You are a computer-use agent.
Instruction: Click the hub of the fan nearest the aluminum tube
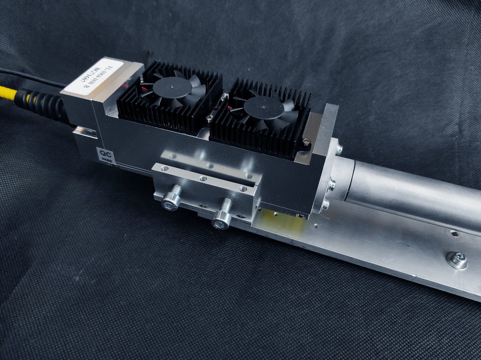click(263, 107)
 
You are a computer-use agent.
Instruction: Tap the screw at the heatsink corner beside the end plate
click(306, 141)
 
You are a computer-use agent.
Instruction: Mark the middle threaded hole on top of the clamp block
click(204, 178)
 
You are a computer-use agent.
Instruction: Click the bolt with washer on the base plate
click(458, 260)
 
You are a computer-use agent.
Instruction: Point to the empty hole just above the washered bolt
click(454, 234)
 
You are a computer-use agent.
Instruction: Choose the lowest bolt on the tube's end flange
click(325, 205)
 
